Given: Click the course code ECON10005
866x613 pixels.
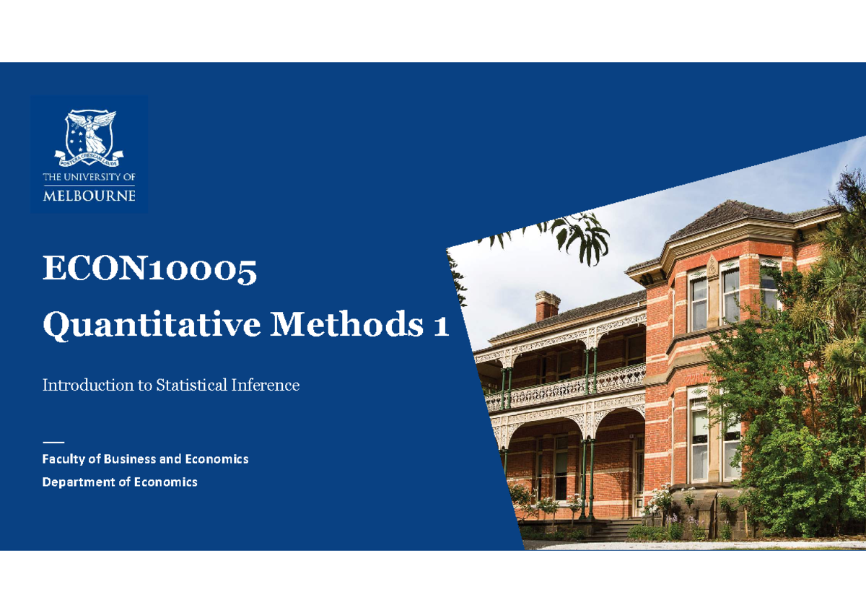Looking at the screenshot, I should [149, 271].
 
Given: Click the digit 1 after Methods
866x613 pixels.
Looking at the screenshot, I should [441, 326].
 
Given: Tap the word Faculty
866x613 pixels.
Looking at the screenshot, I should [63, 459].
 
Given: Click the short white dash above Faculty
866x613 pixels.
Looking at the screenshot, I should [53, 441].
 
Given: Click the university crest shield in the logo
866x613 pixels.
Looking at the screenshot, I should [89, 134].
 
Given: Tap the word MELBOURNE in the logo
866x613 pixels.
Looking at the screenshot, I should [89, 196].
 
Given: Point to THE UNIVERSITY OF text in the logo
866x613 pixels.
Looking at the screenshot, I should [89, 177].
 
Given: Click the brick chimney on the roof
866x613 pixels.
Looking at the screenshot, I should [548, 306].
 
